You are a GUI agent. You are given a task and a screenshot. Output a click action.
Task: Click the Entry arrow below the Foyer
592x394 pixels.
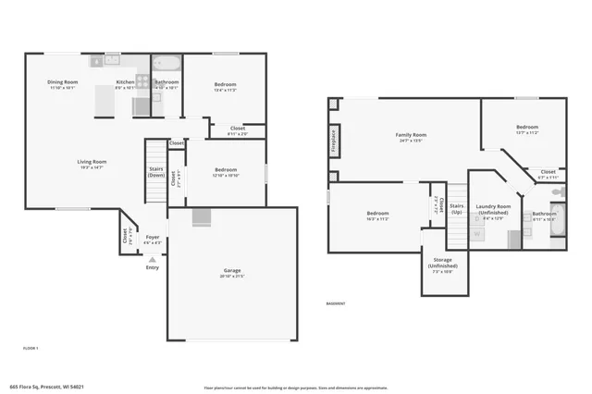tap(152, 260)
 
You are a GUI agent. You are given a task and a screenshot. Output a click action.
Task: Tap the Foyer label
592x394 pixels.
tap(152, 240)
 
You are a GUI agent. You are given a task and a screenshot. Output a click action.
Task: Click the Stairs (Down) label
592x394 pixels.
tap(156, 172)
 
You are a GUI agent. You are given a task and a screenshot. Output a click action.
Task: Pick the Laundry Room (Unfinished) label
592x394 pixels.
tap(492, 209)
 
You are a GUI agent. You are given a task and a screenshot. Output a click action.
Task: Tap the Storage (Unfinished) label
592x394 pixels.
tap(444, 263)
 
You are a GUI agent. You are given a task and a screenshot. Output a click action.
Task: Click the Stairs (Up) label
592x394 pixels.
tap(457, 208)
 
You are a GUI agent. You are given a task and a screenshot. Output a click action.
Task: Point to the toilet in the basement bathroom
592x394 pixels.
tap(558, 191)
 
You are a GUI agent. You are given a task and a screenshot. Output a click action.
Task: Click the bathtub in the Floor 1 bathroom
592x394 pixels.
tap(167, 66)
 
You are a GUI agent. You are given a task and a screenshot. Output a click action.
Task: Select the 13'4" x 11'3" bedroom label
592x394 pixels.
tap(225, 87)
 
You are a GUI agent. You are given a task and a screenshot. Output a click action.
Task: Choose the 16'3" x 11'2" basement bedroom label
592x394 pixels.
tap(377, 216)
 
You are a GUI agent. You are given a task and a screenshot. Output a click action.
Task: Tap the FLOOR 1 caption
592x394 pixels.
tap(31, 347)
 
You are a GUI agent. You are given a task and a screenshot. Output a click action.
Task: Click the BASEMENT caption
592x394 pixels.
tap(336, 303)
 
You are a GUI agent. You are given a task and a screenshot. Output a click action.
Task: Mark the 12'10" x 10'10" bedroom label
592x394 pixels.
tap(227, 172)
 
